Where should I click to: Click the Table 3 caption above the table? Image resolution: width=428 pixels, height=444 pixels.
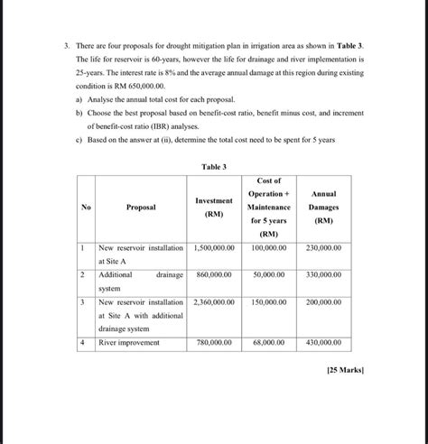[214, 167]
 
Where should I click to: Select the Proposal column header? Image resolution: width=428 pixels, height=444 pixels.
[140, 207]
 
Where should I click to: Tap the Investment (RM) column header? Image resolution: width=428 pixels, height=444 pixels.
[214, 207]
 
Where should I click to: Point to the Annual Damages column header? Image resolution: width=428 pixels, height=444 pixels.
[323, 207]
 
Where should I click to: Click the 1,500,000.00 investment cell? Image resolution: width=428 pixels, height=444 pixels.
[214, 247]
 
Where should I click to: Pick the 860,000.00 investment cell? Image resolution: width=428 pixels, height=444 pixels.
[214, 274]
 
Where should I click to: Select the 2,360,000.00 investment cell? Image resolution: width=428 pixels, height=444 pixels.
[214, 302]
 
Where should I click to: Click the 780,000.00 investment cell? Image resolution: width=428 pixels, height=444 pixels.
[214, 343]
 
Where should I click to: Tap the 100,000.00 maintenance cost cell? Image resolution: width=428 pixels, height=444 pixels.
[269, 247]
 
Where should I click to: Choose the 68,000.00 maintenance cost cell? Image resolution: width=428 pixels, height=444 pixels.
[269, 343]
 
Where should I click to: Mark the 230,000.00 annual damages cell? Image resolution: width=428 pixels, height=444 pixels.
[323, 247]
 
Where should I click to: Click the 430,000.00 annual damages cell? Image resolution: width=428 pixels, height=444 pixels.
[323, 343]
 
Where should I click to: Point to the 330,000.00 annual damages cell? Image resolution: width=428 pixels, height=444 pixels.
[323, 274]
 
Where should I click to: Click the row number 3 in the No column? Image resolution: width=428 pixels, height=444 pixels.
[82, 302]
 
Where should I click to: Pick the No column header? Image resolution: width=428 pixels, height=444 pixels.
[86, 207]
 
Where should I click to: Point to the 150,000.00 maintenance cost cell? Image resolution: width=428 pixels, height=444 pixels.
[269, 302]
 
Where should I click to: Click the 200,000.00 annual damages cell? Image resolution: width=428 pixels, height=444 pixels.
[323, 302]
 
